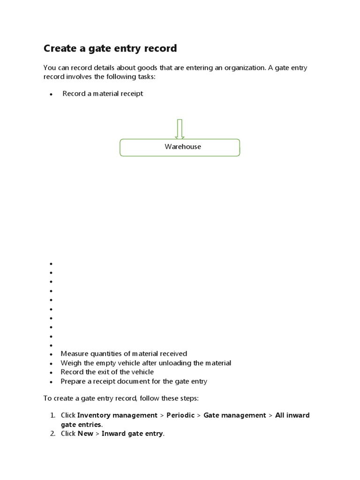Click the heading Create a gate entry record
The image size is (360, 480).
(x=110, y=48)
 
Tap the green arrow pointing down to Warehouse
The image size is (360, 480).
(x=180, y=128)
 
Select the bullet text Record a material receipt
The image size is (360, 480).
(x=103, y=94)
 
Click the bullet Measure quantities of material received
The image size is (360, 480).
(x=124, y=354)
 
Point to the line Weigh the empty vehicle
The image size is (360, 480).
(x=146, y=363)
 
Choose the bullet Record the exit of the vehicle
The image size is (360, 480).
(x=107, y=372)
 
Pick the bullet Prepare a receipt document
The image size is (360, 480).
(x=134, y=382)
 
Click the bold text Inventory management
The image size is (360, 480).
(x=117, y=415)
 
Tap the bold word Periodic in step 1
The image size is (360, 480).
(x=180, y=415)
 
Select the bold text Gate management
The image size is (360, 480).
(x=234, y=415)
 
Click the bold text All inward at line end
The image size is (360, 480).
(x=292, y=415)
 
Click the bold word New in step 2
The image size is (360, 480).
(x=85, y=434)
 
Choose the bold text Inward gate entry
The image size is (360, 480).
(x=133, y=434)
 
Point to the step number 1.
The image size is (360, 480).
(x=52, y=415)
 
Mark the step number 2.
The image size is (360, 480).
(x=52, y=434)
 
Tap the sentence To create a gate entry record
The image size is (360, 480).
(x=121, y=398)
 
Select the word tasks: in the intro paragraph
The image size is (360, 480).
(x=145, y=77)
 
